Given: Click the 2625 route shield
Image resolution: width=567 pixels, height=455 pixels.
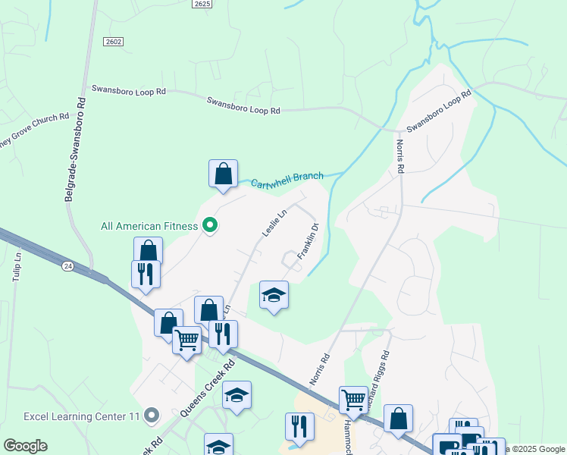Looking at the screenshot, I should (x=201, y=4).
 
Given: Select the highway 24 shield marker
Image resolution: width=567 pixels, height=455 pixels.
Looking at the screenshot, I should (x=67, y=265).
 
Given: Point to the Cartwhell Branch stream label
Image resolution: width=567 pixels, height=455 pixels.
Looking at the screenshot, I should (x=287, y=180).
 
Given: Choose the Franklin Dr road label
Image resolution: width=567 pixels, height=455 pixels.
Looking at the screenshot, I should (x=307, y=241).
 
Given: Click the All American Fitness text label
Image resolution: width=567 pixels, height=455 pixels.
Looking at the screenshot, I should (x=149, y=226).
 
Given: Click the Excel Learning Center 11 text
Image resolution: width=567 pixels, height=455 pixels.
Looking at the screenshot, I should (x=82, y=416).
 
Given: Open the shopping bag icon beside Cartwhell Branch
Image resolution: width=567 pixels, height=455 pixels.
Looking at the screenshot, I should (x=224, y=174).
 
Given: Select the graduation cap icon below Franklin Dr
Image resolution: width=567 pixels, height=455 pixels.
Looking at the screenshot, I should (x=274, y=295).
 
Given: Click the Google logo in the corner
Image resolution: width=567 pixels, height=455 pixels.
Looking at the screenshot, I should (x=25, y=446).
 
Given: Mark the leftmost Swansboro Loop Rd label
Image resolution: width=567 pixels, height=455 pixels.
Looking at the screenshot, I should (x=128, y=89).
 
